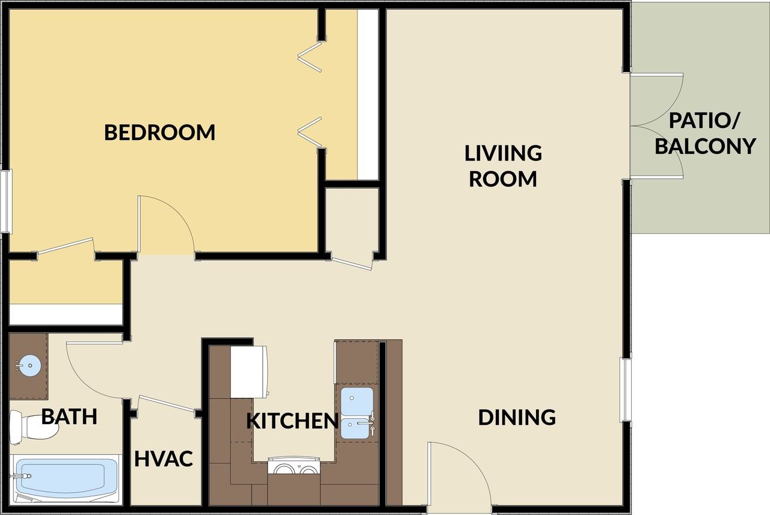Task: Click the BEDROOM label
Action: point(160,133)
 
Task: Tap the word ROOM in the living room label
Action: point(503,179)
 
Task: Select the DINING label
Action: point(517,418)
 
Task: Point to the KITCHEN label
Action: point(292,421)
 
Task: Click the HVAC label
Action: point(164,459)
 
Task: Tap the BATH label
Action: point(69,416)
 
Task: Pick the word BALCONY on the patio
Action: point(705,146)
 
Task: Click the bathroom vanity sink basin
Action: point(30,365)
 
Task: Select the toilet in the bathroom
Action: point(33,427)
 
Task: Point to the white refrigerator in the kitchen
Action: point(248,372)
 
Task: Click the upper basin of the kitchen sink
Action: point(357,401)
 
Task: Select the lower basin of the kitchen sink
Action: point(355,429)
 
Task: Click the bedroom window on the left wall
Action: point(6,201)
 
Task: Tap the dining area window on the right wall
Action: point(626,389)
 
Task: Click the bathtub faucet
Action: point(21,476)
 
